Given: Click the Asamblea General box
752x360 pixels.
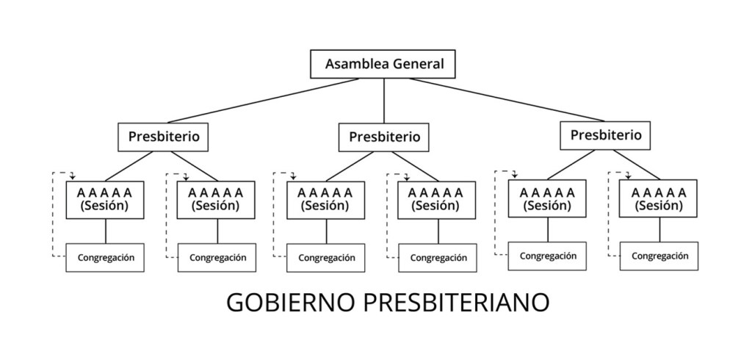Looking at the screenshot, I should click(x=383, y=64).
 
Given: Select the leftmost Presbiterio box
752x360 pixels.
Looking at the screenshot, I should click(x=164, y=137).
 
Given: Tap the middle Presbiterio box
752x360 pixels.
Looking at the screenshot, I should click(x=384, y=137).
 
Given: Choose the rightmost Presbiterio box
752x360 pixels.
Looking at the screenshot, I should click(x=605, y=135).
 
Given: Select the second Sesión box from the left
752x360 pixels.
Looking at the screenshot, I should click(x=217, y=199).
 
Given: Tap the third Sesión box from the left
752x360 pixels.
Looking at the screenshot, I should click(x=325, y=199).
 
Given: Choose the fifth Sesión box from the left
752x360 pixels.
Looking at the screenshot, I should click(x=548, y=199).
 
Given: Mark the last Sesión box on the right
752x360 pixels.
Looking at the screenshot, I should click(x=659, y=199).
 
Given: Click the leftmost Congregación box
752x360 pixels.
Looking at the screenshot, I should click(x=104, y=258).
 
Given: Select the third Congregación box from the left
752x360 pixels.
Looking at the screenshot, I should click(x=326, y=258).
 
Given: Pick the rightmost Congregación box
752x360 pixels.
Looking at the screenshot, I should click(x=659, y=256).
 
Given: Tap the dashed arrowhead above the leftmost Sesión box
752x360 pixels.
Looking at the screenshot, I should click(x=73, y=176).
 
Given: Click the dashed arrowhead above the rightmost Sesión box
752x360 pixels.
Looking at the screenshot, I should click(x=627, y=175).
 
